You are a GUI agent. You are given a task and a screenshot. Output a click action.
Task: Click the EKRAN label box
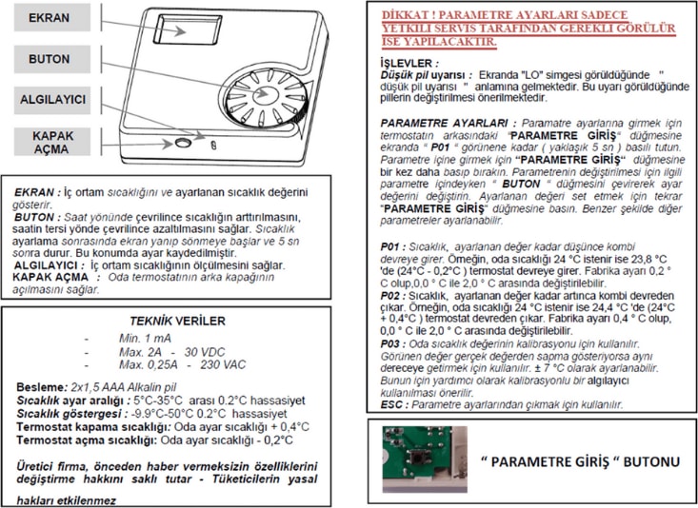tap(48, 19)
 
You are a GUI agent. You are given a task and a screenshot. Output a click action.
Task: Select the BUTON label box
tap(48, 59)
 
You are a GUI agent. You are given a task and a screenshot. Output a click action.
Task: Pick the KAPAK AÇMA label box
tap(48, 143)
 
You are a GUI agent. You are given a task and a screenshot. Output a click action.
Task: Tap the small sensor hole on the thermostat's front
tap(180, 143)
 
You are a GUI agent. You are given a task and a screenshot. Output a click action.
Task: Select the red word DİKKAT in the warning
tap(405, 16)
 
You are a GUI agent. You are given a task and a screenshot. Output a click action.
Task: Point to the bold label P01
tap(390, 245)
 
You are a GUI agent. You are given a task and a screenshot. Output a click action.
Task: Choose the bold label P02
tap(390, 297)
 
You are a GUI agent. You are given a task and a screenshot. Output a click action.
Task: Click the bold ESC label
tap(391, 403)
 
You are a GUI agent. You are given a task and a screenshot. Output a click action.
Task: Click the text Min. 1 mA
tap(146, 339)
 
